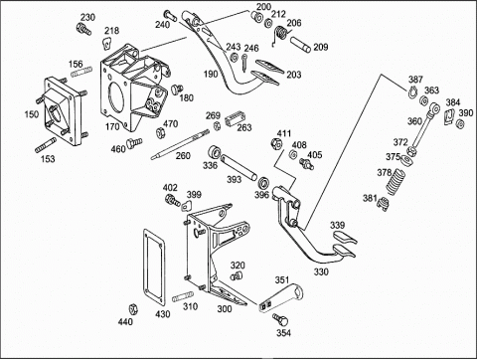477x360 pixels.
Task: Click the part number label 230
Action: coord(87,17)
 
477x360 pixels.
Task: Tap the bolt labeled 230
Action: coord(83,29)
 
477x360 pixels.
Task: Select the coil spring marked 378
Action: coord(396,182)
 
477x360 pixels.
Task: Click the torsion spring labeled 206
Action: coord(280,35)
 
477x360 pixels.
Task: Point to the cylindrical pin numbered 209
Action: coord(300,45)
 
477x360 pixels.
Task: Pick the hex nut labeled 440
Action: coord(133,309)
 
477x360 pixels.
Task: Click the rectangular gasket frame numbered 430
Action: coord(154,268)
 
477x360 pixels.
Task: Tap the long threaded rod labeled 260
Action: coord(180,144)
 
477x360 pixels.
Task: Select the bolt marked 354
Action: coord(280,320)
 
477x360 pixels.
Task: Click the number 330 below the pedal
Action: coord(321,271)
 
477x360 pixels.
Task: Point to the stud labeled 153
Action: coord(46,145)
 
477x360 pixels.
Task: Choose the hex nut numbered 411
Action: coord(276,144)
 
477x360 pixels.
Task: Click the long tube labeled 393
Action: coord(238,168)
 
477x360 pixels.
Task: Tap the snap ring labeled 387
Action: coord(412,91)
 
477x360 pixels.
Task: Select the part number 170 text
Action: coord(112,126)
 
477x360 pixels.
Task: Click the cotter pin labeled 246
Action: coord(243,63)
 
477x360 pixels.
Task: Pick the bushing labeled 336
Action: coord(215,152)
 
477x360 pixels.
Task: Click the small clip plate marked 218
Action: coord(106,43)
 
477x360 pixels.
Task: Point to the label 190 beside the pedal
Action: coord(211,74)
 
